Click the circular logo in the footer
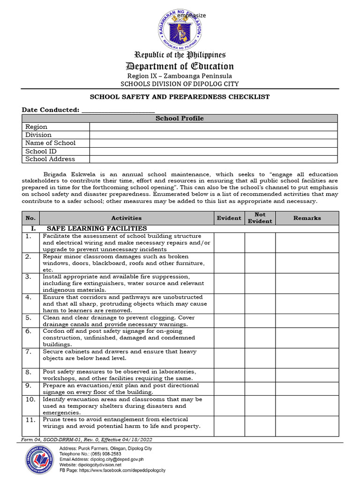coord(40,459)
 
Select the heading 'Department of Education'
coord(180,66)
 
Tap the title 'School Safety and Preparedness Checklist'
coord(180,97)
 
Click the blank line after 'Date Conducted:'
coord(118,110)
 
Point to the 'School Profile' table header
coord(180,119)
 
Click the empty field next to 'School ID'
coord(213,151)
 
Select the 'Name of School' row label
coord(51,143)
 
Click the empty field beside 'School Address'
coord(213,159)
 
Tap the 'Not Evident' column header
coord(260,218)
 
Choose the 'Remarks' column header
coord(307,218)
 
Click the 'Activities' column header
coord(126,218)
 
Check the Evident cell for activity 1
coord(229,243)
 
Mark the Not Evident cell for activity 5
coord(260,321)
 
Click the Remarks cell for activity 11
coord(307,426)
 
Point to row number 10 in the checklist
coord(30,400)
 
